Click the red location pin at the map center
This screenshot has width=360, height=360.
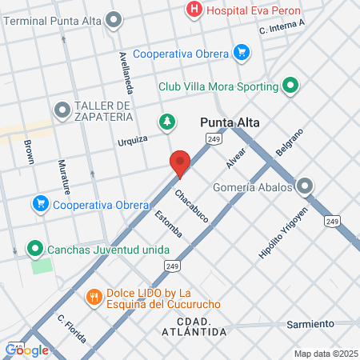(x=180, y=163)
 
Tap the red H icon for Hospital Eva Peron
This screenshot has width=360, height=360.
(x=193, y=10)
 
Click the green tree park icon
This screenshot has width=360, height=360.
(x=166, y=122)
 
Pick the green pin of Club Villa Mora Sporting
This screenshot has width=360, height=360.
(x=290, y=83)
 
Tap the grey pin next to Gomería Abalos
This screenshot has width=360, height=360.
(x=304, y=187)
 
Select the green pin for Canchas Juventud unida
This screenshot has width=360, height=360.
(x=34, y=250)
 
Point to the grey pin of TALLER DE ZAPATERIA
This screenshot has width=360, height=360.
(x=62, y=108)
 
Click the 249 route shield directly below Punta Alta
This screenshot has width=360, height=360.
(x=213, y=139)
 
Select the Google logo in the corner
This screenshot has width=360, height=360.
(x=27, y=350)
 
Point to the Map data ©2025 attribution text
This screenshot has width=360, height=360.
(x=324, y=354)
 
